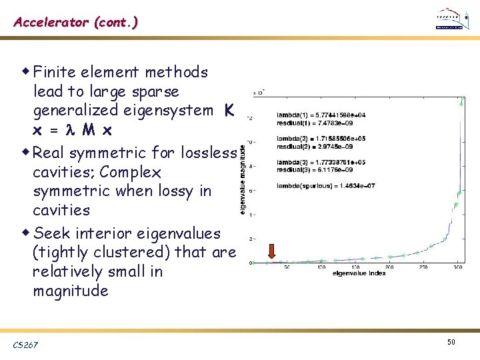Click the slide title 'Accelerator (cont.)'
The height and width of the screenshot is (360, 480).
pyautogui.click(x=76, y=22)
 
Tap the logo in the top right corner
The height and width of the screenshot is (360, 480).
pyautogui.click(x=451, y=20)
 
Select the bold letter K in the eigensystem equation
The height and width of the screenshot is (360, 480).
pyautogui.click(x=229, y=110)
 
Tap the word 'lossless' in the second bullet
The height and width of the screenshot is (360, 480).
pyautogui.click(x=208, y=153)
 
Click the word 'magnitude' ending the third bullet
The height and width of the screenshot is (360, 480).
pyautogui.click(x=70, y=291)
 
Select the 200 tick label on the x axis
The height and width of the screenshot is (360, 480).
pyautogui.click(x=389, y=268)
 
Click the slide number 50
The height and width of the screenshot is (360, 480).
pyautogui.click(x=451, y=342)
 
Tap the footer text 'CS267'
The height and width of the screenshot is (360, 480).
pyautogui.click(x=25, y=344)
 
